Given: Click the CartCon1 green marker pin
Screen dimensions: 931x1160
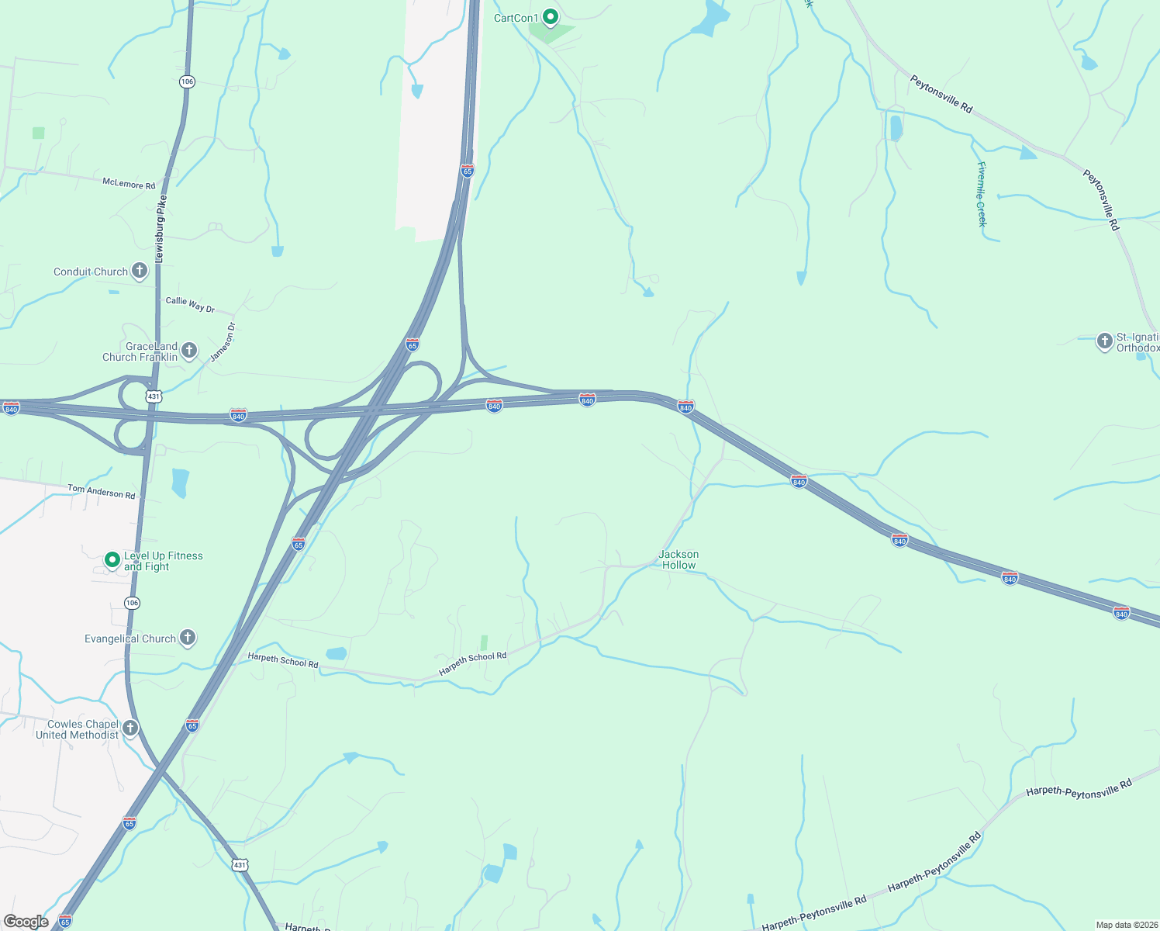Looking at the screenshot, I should pyautogui.click(x=550, y=16).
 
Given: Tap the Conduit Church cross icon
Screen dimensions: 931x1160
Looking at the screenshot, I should pyautogui.click(x=140, y=271).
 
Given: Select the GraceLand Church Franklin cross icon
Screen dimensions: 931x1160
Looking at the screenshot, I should pyautogui.click(x=189, y=351).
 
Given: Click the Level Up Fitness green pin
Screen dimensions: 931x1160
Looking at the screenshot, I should pyautogui.click(x=112, y=559).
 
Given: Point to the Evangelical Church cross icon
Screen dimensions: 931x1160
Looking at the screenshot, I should pyautogui.click(x=188, y=638).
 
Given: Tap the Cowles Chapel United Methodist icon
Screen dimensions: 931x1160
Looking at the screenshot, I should pyautogui.click(x=130, y=729).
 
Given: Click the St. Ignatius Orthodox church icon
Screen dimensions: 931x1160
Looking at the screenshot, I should pyautogui.click(x=1104, y=341).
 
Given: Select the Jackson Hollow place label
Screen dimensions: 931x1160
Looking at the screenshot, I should pyautogui.click(x=678, y=559).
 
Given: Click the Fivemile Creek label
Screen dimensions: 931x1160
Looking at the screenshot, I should pyautogui.click(x=982, y=194).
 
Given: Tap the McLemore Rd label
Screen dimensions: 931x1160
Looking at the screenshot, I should pyautogui.click(x=129, y=184).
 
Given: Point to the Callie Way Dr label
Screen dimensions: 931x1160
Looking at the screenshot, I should pyautogui.click(x=190, y=305).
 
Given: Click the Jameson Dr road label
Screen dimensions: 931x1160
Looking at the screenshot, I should pyautogui.click(x=223, y=342).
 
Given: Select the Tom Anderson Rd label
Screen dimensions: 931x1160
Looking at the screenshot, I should pyautogui.click(x=101, y=491).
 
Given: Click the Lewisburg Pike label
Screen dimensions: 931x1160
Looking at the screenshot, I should pyautogui.click(x=161, y=228).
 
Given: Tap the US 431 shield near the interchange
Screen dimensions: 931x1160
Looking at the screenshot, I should pyautogui.click(x=154, y=396).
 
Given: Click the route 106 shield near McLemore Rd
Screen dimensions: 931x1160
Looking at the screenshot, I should pyautogui.click(x=187, y=81).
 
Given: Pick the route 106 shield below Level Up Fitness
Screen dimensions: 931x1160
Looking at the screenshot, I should pyautogui.click(x=133, y=603).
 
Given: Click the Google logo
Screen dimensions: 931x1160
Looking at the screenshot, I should pyautogui.click(x=26, y=922).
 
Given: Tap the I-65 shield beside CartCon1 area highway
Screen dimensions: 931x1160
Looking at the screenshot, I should pyautogui.click(x=467, y=171).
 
